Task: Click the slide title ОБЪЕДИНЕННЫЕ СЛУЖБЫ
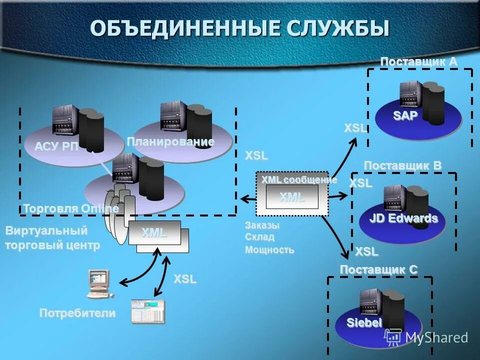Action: (x=239, y=28)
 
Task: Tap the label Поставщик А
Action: (x=418, y=61)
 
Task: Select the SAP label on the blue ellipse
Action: (x=405, y=115)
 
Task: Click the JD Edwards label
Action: (x=403, y=218)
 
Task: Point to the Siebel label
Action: (x=364, y=322)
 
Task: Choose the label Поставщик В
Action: (x=402, y=165)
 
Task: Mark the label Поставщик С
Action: (x=378, y=269)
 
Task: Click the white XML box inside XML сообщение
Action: (x=292, y=197)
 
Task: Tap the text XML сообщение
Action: (x=299, y=179)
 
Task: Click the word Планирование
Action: (x=170, y=142)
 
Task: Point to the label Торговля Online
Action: (x=70, y=208)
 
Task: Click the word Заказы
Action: (x=262, y=225)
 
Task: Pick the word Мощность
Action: (x=269, y=249)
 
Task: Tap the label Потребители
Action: (x=77, y=313)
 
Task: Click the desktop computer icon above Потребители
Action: (x=97, y=283)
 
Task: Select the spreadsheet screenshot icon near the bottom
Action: (x=147, y=311)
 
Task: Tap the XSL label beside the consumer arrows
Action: (x=185, y=279)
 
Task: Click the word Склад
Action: (x=259, y=237)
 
